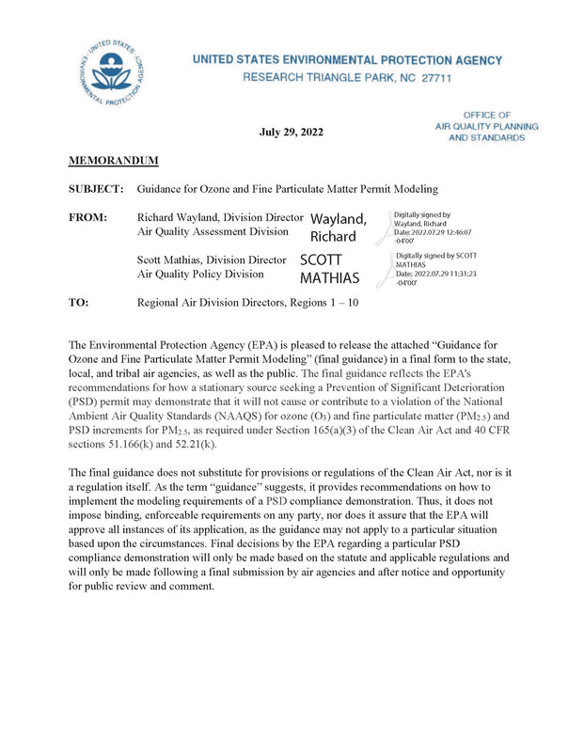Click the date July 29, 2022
pyautogui.click(x=291, y=132)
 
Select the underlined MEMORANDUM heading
pyautogui.click(x=113, y=161)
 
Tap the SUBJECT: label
pyautogui.click(x=96, y=189)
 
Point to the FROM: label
pyautogui.click(x=87, y=217)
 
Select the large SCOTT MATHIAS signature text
pyautogui.click(x=329, y=268)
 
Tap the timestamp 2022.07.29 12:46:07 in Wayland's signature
pyautogui.click(x=434, y=231)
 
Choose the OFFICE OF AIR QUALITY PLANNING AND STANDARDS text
pyautogui.click(x=486, y=126)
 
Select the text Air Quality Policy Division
pyautogui.click(x=200, y=274)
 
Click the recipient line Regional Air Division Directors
pyautogui.click(x=246, y=303)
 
